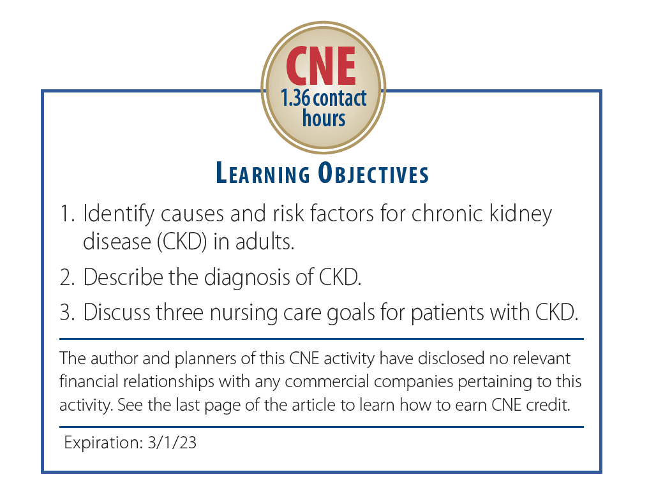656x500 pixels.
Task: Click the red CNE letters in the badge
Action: click(x=320, y=66)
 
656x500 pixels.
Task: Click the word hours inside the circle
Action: click(x=324, y=118)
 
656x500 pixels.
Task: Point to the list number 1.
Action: click(x=66, y=214)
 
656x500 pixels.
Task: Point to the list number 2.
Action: click(x=66, y=277)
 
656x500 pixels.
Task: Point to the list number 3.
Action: click(x=66, y=313)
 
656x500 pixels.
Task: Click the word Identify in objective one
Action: click(x=114, y=214)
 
